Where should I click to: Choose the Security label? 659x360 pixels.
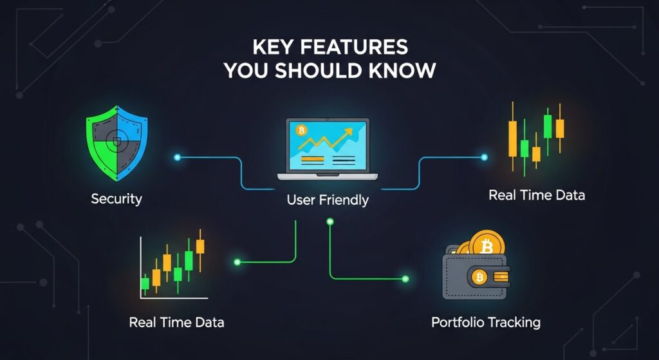(116, 198)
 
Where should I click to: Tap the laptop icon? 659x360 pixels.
(328, 149)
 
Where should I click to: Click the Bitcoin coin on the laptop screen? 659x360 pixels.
(301, 131)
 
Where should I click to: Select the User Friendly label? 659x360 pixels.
(328, 200)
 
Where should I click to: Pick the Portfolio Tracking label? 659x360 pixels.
(485, 322)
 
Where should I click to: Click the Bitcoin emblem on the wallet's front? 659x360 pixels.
(479, 278)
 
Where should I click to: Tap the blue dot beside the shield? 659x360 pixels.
(177, 158)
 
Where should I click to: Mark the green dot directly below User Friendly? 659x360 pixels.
(330, 222)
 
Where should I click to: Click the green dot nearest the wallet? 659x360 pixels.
(405, 279)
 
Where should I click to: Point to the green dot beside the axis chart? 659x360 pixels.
(237, 262)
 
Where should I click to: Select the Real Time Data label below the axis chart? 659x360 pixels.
(176, 322)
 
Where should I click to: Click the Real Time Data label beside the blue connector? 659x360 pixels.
(537, 194)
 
